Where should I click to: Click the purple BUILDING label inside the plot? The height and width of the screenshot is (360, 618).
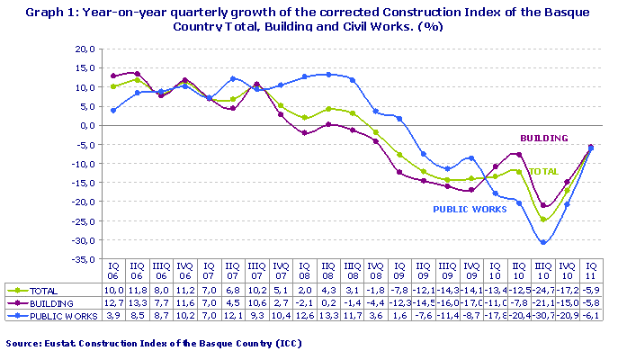pyautogui.click(x=544, y=138)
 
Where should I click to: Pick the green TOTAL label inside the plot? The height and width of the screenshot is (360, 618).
pyautogui.click(x=543, y=171)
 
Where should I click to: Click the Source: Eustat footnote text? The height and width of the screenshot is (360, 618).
pyautogui.click(x=153, y=344)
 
